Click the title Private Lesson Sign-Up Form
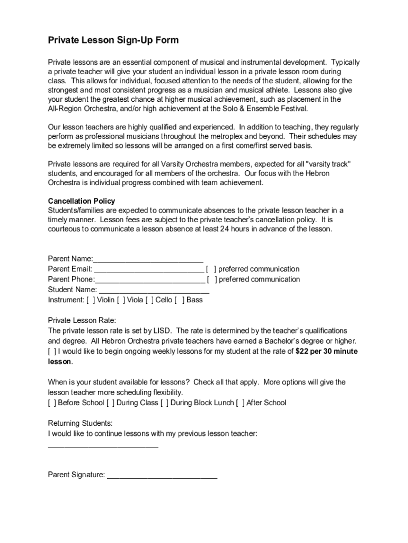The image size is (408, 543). click(113, 40)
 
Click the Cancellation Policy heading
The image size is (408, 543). click(81, 201)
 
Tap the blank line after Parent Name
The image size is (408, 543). click(148, 259)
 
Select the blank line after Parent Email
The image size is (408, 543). click(149, 269)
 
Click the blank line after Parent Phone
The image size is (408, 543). click(150, 279)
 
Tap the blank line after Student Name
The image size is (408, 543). click(154, 290)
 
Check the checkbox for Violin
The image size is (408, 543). click(91, 300)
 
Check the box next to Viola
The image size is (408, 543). click(121, 300)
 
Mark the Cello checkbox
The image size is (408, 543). click(150, 300)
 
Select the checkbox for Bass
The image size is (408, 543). click(180, 300)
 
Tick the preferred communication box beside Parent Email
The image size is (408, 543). click(211, 269)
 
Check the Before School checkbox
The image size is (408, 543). click(52, 403)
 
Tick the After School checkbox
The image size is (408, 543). click(241, 403)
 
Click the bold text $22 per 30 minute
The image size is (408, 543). click(326, 352)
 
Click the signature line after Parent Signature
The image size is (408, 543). click(162, 475)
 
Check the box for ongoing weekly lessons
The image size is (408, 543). click(52, 352)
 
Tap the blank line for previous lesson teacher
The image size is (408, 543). click(103, 445)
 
